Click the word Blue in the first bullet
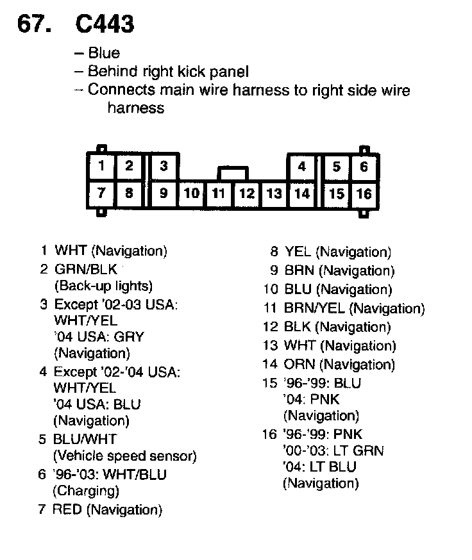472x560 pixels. (x=104, y=53)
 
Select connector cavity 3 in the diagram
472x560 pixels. (x=164, y=166)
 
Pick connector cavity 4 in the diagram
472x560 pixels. (x=301, y=167)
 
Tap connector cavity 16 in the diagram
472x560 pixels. (x=364, y=194)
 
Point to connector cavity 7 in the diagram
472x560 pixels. (x=101, y=192)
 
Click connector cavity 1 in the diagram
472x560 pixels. (x=101, y=166)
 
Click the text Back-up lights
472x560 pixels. (x=103, y=286)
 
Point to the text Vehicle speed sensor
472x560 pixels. (x=124, y=456)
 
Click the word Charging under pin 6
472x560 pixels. (x=86, y=491)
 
